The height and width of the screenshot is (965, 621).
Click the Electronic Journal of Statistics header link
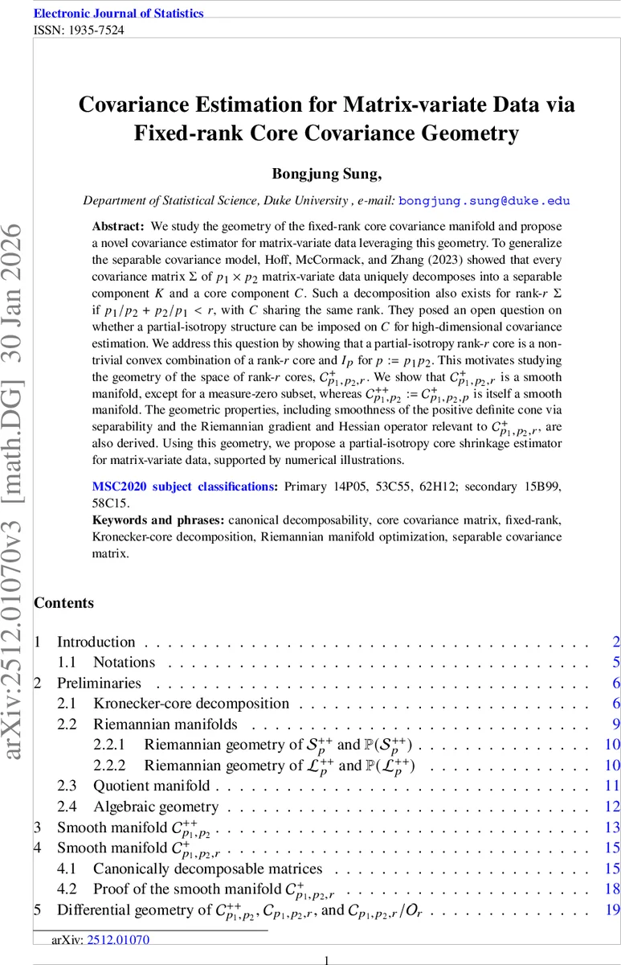point(118,13)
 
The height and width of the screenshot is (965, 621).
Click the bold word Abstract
point(116,227)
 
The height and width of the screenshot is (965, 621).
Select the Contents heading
point(63,603)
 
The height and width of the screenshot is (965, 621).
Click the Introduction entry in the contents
point(96,642)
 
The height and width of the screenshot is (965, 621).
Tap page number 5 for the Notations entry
point(615,663)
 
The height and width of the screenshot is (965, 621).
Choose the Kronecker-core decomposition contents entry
point(190,704)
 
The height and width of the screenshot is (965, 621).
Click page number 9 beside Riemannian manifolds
point(615,724)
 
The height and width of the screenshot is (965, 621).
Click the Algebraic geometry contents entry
point(155,807)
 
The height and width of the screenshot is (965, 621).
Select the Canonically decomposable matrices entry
point(207,868)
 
